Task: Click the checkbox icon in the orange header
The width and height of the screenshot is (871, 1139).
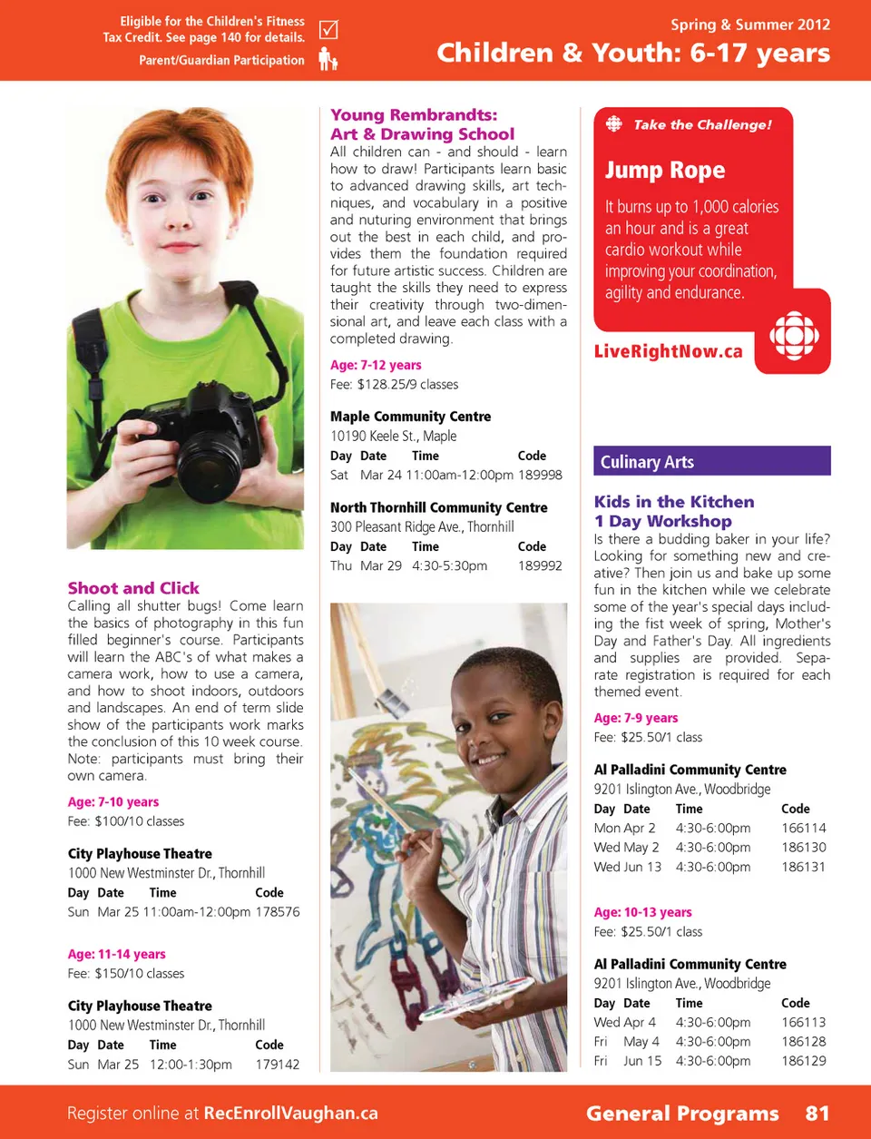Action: coord(328,30)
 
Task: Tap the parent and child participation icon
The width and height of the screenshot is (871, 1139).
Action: coord(328,60)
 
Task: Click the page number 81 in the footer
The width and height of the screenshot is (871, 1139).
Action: coord(817,1113)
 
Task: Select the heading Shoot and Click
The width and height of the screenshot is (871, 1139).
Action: coord(133,588)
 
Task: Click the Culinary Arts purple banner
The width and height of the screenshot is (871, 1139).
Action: coord(711,461)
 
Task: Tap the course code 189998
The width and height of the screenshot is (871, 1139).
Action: coord(540,475)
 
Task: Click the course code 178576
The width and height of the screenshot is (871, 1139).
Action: coord(278,911)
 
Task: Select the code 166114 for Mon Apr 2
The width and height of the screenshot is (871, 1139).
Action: coord(803,828)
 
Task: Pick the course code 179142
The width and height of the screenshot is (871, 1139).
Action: coord(278,1064)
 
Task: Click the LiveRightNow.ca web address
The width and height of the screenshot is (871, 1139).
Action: coord(668,351)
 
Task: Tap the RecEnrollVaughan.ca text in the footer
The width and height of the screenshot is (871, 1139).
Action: coord(290,1113)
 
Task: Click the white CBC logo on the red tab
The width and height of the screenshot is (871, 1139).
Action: coord(794,336)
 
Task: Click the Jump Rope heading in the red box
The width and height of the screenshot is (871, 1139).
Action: coord(665,170)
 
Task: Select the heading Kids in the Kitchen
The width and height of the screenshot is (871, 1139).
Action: coord(674,502)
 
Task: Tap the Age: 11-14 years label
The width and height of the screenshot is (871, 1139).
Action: coord(116,954)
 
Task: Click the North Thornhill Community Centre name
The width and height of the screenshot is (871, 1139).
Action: coord(438,507)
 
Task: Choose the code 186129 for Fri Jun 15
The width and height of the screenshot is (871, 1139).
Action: coord(803,1060)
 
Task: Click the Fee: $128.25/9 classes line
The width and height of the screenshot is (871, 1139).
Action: coord(394,384)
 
